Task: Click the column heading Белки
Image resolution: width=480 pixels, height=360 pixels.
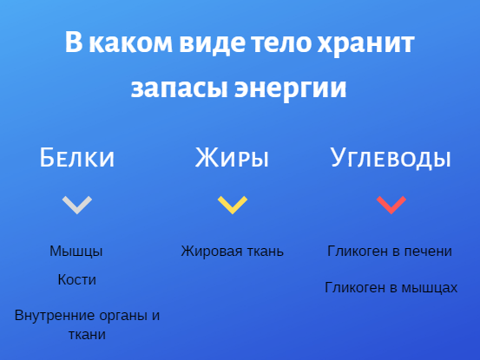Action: [x=77, y=157]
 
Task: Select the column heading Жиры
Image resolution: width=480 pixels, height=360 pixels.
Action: [x=232, y=157]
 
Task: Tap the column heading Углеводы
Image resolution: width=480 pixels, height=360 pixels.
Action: [x=391, y=158]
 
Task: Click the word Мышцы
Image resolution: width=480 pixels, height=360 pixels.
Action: [x=76, y=252]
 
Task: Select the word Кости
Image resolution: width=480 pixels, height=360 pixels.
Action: [x=77, y=279]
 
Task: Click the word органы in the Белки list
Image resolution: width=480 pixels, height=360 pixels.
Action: [x=124, y=317]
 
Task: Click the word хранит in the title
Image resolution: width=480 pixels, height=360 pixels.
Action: [x=365, y=43]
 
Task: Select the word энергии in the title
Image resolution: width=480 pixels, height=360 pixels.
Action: [x=291, y=88]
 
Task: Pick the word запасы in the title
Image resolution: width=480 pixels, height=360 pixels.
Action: [x=180, y=88]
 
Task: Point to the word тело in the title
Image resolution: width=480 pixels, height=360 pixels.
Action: [x=281, y=43]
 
